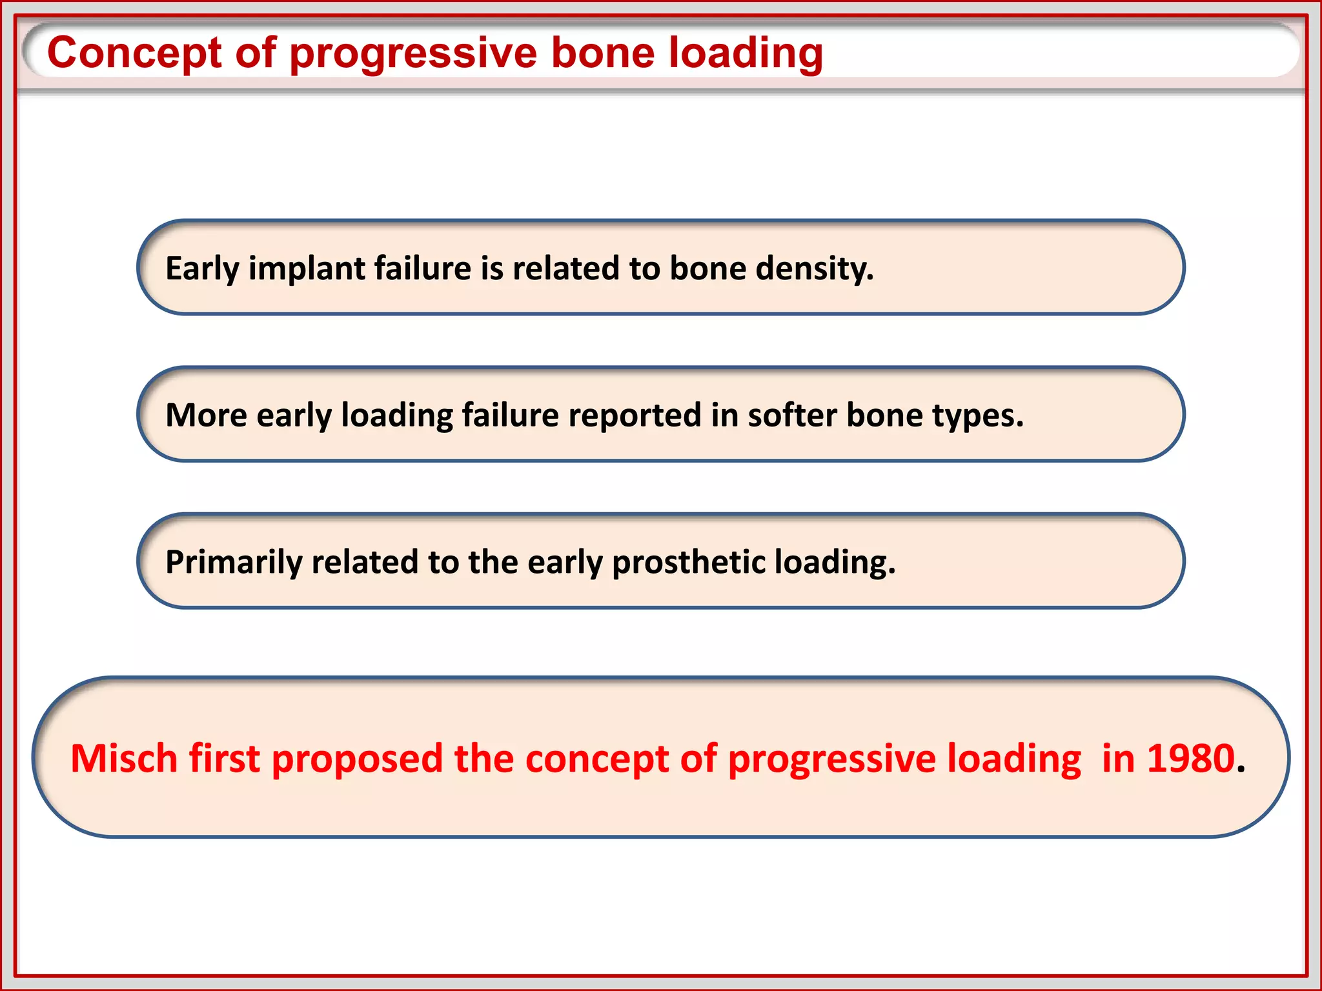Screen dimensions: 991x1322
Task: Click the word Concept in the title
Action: pos(135,54)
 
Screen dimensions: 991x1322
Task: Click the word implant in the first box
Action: pos(306,269)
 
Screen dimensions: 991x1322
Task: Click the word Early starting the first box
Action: pos(202,269)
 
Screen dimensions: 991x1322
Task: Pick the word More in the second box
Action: pos(206,415)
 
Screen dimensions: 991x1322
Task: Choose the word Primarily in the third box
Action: pos(234,562)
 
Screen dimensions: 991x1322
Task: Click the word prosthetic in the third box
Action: pos(688,562)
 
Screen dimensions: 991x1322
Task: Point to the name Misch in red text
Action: pos(123,758)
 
